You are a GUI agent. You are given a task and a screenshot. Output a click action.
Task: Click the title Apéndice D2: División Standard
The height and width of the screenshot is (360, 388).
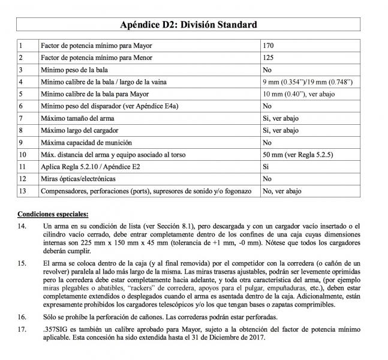(189, 25)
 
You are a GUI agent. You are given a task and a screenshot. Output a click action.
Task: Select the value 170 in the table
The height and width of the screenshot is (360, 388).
(269, 46)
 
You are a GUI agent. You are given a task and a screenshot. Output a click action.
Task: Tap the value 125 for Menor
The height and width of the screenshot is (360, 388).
(269, 58)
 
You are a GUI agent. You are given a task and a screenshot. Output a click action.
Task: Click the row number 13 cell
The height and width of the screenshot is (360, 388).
(24, 191)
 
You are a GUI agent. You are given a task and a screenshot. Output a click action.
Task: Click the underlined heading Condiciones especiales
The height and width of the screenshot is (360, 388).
(53, 214)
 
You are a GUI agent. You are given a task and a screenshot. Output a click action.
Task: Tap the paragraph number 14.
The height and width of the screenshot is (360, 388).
(22, 226)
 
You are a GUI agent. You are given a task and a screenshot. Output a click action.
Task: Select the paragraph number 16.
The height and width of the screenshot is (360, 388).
(22, 316)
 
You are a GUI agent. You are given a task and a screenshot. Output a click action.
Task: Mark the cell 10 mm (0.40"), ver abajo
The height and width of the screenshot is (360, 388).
(295, 94)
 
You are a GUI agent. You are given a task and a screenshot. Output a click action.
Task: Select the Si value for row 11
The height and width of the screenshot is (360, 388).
(266, 167)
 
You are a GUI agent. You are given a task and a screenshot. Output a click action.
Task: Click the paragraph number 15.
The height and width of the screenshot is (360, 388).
(22, 263)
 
